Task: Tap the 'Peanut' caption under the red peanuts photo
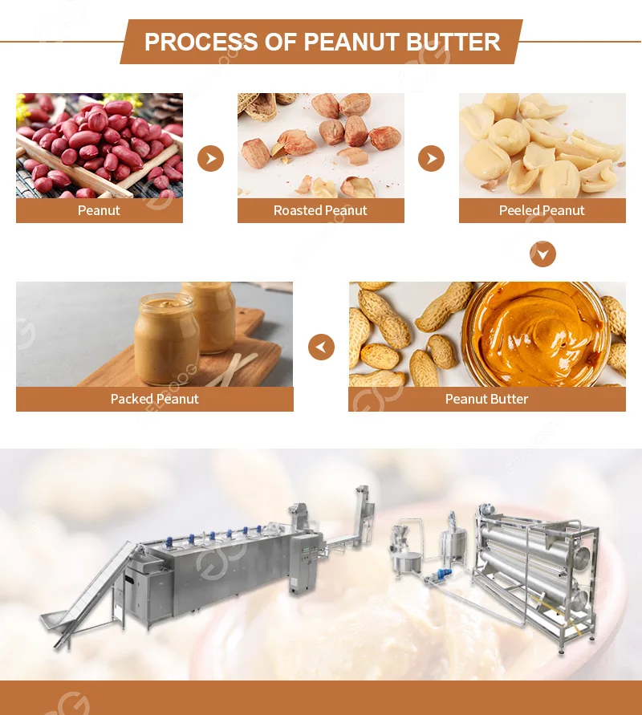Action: click(99, 210)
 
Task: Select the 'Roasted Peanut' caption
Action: click(320, 210)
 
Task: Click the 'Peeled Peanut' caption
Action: click(542, 210)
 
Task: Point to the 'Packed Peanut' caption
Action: click(154, 399)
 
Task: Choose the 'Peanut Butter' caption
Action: click(486, 399)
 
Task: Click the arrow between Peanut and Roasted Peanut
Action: click(210, 158)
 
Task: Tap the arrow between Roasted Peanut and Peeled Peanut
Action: click(431, 158)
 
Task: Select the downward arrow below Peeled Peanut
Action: click(542, 254)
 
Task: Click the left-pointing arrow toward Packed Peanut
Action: click(321, 347)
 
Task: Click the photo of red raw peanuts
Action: click(99, 145)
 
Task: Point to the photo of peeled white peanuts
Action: click(542, 145)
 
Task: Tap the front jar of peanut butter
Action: click(166, 337)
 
